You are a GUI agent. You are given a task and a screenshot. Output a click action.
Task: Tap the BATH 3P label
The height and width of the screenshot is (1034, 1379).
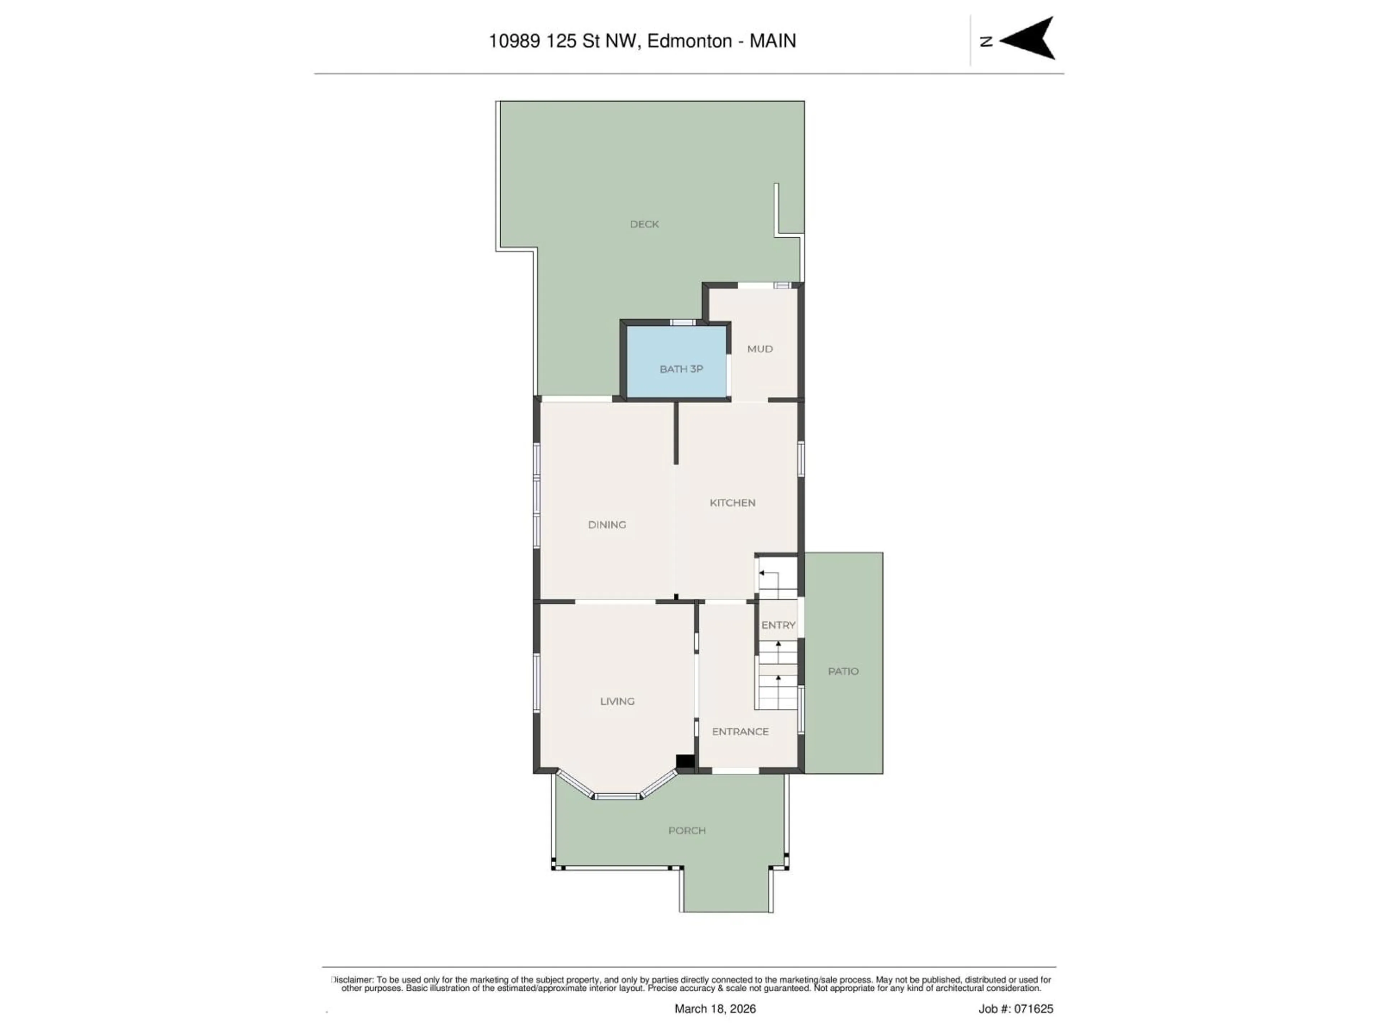point(681,369)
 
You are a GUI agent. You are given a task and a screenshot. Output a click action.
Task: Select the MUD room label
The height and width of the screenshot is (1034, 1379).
point(760,349)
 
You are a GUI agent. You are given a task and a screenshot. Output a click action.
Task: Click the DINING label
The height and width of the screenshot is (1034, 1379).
point(607,525)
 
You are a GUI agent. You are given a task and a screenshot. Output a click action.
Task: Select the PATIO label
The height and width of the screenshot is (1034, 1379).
point(843,671)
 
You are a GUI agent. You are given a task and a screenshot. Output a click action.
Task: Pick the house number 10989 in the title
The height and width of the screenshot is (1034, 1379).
point(514,41)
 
